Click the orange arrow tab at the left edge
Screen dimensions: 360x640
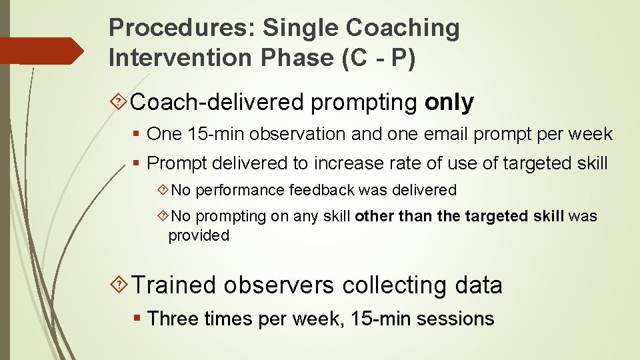click(x=40, y=51)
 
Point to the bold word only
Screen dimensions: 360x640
click(x=449, y=103)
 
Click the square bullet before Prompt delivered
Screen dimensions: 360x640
click(x=137, y=163)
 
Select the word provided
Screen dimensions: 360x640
click(x=199, y=235)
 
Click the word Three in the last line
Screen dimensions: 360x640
click(x=172, y=319)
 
